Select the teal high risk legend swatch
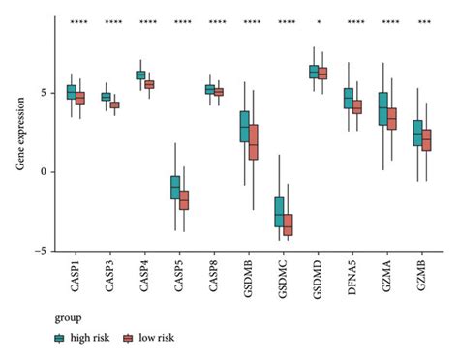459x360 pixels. [60, 337]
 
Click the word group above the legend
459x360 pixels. [66, 315]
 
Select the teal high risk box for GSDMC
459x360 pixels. [280, 212]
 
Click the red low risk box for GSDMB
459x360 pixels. [254, 141]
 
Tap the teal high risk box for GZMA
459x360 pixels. [383, 108]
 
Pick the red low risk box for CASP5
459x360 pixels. [185, 200]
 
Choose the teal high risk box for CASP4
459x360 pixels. [140, 75]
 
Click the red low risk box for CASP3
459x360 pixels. [115, 105]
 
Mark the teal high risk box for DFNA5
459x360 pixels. [349, 98]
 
